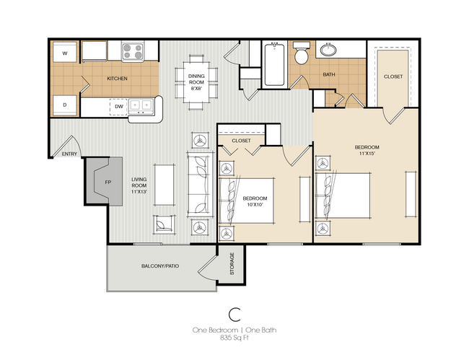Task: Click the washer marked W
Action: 65,52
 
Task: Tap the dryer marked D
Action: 65,105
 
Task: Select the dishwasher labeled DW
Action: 119,107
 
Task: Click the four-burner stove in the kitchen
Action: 133,51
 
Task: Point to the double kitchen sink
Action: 141,106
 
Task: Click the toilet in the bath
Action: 301,53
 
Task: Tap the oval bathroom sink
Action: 328,50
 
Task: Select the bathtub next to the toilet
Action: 274,64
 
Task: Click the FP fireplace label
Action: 108,182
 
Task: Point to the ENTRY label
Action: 69,154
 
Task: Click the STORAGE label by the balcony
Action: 232,264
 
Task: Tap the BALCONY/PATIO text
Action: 160,265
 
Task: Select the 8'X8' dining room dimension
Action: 196,88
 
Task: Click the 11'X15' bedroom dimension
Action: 367,154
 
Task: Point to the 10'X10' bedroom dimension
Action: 255,204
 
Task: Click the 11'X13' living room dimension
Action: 139,192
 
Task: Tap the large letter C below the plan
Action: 234,315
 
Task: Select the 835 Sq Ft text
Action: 234,338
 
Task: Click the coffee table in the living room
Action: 165,185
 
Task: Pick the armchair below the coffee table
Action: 164,224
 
